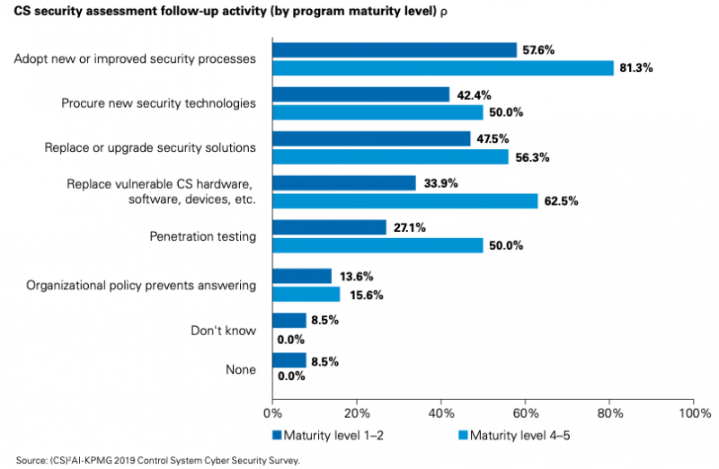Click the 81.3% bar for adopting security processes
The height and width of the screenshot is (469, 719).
click(442, 67)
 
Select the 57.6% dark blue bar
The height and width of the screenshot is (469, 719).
click(395, 49)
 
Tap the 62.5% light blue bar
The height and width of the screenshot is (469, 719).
click(404, 200)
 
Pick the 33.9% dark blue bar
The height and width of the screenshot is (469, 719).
click(344, 183)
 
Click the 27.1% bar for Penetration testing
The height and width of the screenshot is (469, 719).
click(330, 228)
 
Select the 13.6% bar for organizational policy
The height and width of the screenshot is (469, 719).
click(301, 276)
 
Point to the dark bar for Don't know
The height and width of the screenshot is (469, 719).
click(289, 321)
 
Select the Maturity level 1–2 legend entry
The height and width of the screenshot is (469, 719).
click(333, 436)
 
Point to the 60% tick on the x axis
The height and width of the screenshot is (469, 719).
click(525, 413)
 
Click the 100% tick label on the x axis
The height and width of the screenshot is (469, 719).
click(694, 413)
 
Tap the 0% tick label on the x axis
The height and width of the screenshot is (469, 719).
click(271, 413)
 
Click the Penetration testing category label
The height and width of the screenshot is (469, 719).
click(202, 237)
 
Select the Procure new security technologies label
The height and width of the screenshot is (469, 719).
click(158, 103)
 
